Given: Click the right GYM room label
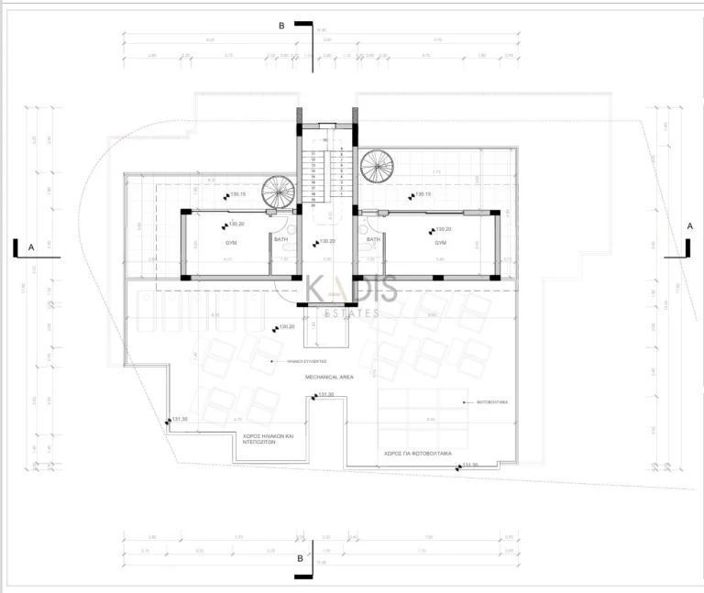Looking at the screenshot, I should pyautogui.click(x=440, y=243).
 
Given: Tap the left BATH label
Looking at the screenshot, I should pyautogui.click(x=280, y=239).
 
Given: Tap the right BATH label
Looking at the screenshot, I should pyautogui.click(x=373, y=239).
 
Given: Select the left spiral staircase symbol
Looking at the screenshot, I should pyautogui.click(x=279, y=192).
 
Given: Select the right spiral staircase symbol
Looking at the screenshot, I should pyautogui.click(x=376, y=166).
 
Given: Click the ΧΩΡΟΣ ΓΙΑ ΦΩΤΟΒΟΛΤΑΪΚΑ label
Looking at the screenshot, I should pyautogui.click(x=415, y=453).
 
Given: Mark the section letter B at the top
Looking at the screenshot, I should pyautogui.click(x=281, y=27).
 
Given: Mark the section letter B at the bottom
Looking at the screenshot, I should pyautogui.click(x=299, y=557).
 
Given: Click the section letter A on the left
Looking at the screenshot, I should pyautogui.click(x=31, y=247).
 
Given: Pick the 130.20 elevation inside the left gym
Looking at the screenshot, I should pyautogui.click(x=236, y=224).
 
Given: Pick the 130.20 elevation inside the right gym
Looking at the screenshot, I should pyautogui.click(x=442, y=230).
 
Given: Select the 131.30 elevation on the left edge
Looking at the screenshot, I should pyautogui.click(x=179, y=419).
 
